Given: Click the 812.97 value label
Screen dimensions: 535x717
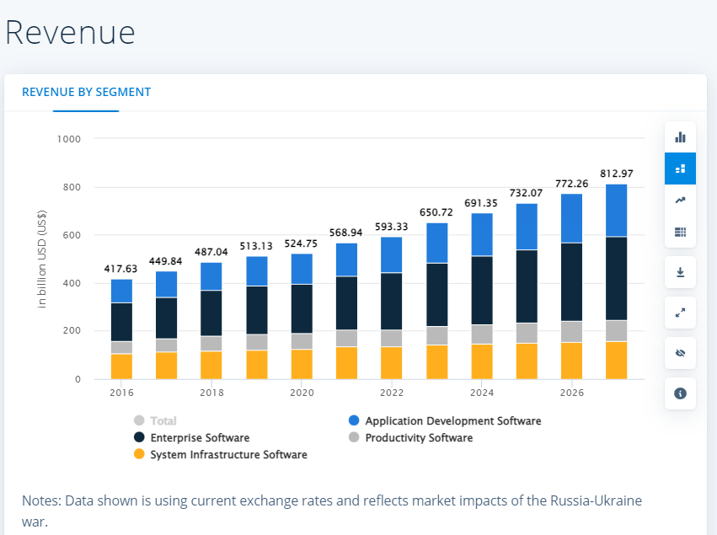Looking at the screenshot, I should coord(616,174).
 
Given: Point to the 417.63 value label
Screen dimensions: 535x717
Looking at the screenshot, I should coord(120,269).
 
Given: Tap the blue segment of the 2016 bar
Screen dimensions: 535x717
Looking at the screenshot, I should coord(121,291).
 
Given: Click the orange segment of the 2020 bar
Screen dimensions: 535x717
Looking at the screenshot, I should coord(302,364).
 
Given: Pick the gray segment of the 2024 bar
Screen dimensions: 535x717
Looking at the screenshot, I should coord(482,334).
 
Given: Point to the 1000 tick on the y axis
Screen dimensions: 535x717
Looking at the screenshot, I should coord(69,139).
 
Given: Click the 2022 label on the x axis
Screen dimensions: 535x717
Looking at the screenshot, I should coord(392,393).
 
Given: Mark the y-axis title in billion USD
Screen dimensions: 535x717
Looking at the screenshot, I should coord(42,257).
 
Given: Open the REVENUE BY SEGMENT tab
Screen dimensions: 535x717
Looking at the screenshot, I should coord(86,92).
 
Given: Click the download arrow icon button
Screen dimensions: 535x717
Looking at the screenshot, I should coord(680,272).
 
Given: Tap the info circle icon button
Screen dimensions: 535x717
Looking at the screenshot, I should coord(680,393).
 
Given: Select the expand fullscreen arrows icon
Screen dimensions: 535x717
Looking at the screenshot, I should coord(680,313).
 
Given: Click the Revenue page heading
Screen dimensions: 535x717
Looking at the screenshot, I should coord(70,32).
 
